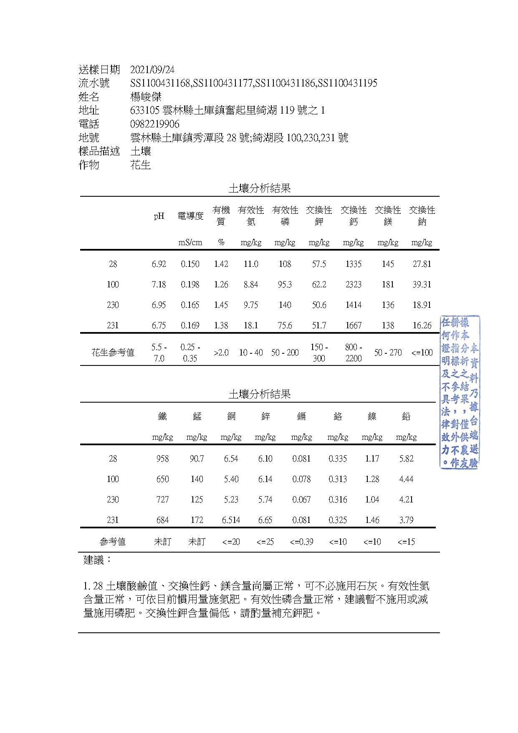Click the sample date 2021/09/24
[x=152, y=69]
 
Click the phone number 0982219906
[x=155, y=124]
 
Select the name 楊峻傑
[x=146, y=97]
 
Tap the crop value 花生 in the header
[x=140, y=165]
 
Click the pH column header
[x=159, y=216]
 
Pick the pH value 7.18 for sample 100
[x=159, y=284]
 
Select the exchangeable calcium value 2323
[x=353, y=284]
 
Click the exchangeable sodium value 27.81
[x=422, y=264]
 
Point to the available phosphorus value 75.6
[x=285, y=325]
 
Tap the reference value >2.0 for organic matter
[x=221, y=353]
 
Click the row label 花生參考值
[x=113, y=353]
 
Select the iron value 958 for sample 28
[x=162, y=459]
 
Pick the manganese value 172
[x=197, y=520]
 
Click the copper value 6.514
[x=231, y=520]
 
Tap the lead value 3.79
[x=406, y=520]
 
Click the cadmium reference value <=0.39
[x=301, y=542]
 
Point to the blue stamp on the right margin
[x=460, y=392]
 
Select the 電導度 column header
[x=190, y=216]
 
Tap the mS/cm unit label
[x=190, y=242]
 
